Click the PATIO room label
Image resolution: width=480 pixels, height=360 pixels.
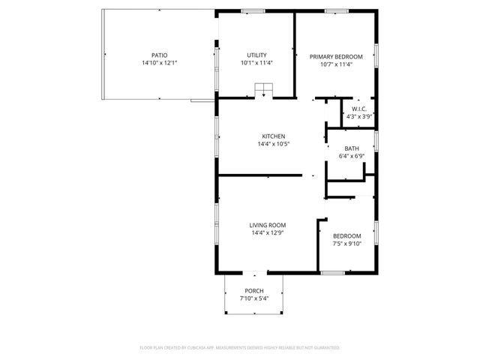159,55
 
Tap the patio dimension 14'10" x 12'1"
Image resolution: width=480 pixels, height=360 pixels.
159,64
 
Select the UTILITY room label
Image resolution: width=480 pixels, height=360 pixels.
256,55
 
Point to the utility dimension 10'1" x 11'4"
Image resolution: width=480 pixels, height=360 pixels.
256,64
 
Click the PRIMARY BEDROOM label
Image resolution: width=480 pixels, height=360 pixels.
337,56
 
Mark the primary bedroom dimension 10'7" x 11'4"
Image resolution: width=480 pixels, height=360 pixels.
337,64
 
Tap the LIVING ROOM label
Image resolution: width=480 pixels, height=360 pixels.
268,225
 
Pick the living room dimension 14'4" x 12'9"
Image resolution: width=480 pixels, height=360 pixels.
268,233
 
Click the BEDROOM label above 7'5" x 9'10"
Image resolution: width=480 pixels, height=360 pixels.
346,235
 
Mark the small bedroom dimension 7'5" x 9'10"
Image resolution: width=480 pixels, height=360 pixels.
346,244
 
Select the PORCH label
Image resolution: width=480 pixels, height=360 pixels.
253,291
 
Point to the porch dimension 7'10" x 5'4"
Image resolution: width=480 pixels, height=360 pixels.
253,299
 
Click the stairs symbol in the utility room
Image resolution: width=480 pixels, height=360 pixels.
264,91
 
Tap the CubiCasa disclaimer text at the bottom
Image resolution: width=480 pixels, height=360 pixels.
240,348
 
